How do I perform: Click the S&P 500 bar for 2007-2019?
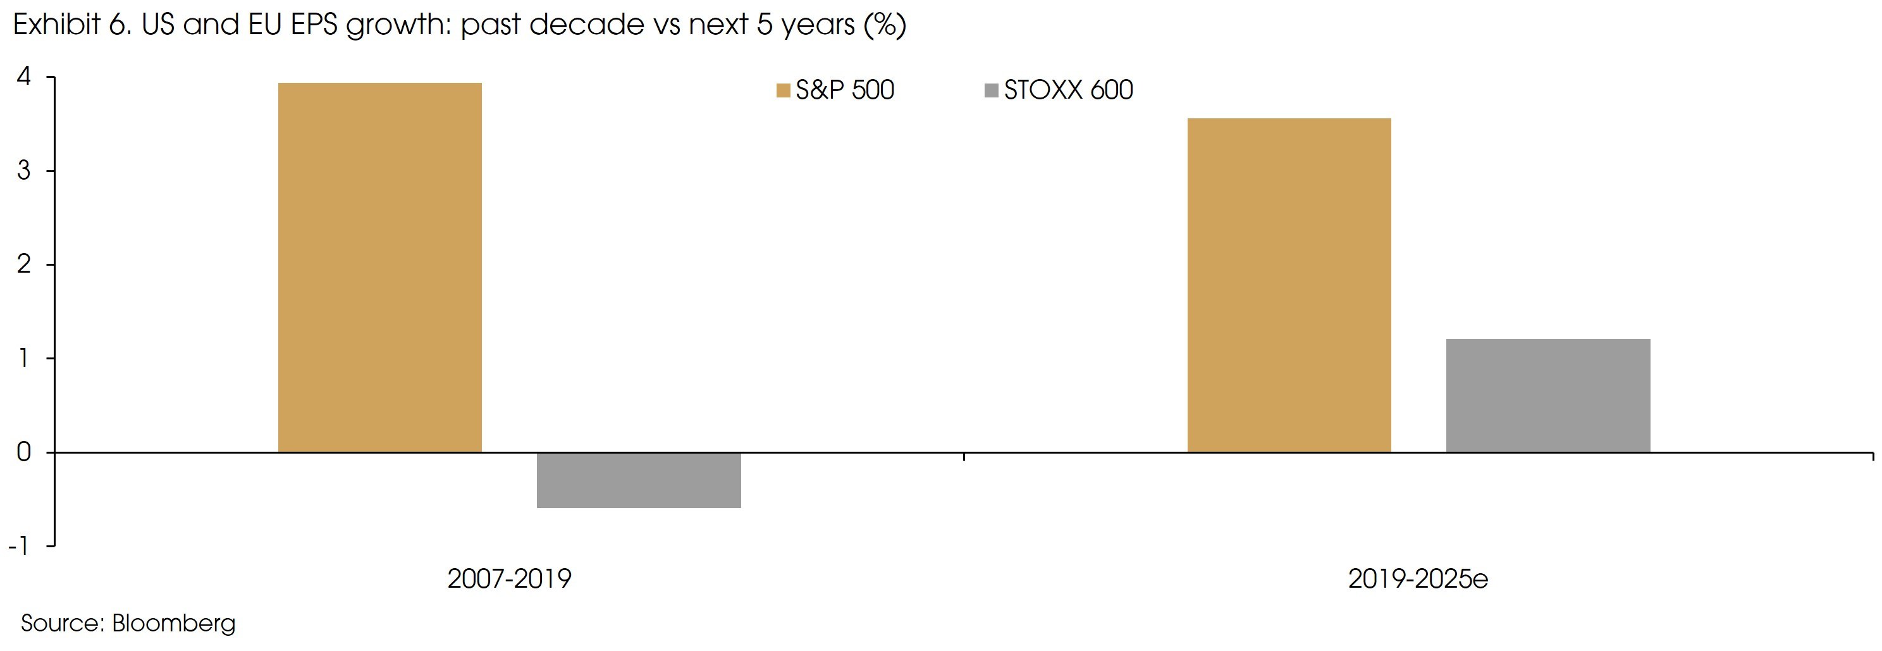click(x=380, y=268)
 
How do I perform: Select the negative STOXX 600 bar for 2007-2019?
click(x=639, y=480)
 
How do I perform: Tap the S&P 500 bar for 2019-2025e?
click(x=1289, y=285)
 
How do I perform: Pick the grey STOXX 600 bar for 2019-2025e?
click(x=1547, y=395)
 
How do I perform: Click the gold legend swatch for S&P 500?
click(x=783, y=90)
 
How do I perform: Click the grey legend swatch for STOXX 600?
click(x=992, y=90)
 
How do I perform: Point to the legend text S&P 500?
click(x=845, y=90)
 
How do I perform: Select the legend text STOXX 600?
click(x=1068, y=90)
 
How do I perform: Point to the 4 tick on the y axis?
click(x=24, y=76)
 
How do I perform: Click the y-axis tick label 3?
click(x=24, y=170)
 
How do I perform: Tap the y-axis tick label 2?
click(x=24, y=264)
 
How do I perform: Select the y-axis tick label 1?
click(x=24, y=358)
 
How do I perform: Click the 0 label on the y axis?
click(x=24, y=452)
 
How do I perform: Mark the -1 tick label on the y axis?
click(x=20, y=546)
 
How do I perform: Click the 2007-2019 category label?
click(x=509, y=579)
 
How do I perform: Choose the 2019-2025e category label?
click(x=1417, y=579)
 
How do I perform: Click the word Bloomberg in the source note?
click(x=174, y=623)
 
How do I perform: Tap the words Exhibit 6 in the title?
click(x=71, y=25)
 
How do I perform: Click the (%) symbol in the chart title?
click(x=885, y=25)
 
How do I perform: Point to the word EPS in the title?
click(x=314, y=25)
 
